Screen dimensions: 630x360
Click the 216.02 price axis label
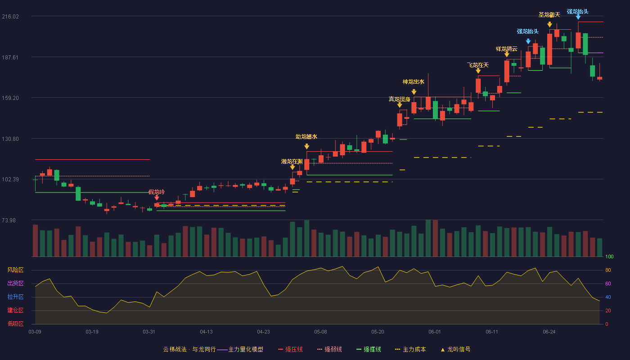click(10, 17)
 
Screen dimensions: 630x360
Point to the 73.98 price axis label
click(9, 220)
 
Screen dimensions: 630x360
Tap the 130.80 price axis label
click(10, 139)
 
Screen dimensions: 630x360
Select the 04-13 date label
click(206, 332)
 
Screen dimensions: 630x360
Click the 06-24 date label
click(549, 332)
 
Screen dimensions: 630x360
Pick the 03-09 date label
click(35, 332)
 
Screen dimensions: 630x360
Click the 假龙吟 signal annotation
click(157, 192)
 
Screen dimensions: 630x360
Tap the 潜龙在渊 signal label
click(292, 162)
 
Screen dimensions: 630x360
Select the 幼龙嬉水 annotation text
click(306, 137)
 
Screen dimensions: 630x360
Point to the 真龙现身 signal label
click(400, 99)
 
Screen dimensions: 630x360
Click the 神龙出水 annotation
click(414, 82)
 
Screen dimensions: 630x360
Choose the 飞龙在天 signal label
click(478, 65)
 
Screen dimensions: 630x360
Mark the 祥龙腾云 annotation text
click(507, 49)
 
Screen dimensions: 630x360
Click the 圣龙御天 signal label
click(549, 14)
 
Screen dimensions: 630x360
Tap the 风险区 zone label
click(15, 270)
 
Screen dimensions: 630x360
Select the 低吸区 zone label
click(15, 324)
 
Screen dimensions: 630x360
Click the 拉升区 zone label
click(15, 297)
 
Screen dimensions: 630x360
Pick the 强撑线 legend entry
click(369, 350)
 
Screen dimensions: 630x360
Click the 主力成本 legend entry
click(410, 350)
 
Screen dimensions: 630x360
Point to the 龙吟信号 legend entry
click(455, 350)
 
